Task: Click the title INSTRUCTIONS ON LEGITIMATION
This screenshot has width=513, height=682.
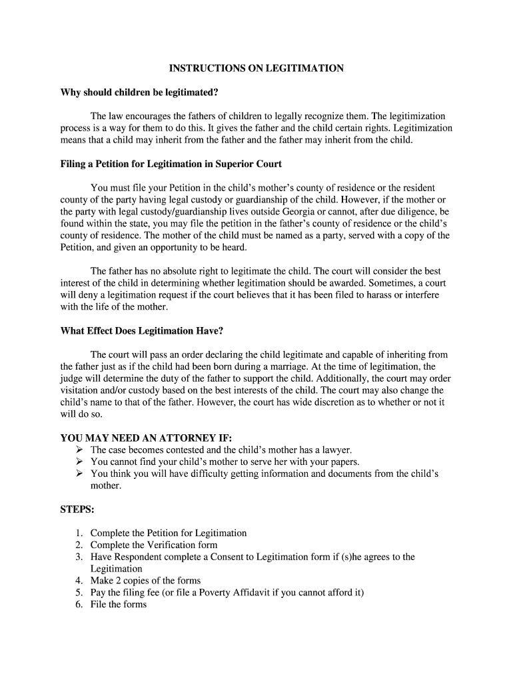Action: [256, 69]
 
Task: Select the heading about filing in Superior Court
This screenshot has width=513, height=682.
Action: [171, 164]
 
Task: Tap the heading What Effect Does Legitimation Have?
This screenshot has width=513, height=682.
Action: [142, 331]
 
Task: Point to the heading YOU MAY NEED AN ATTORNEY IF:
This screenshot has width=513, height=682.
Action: [146, 438]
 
